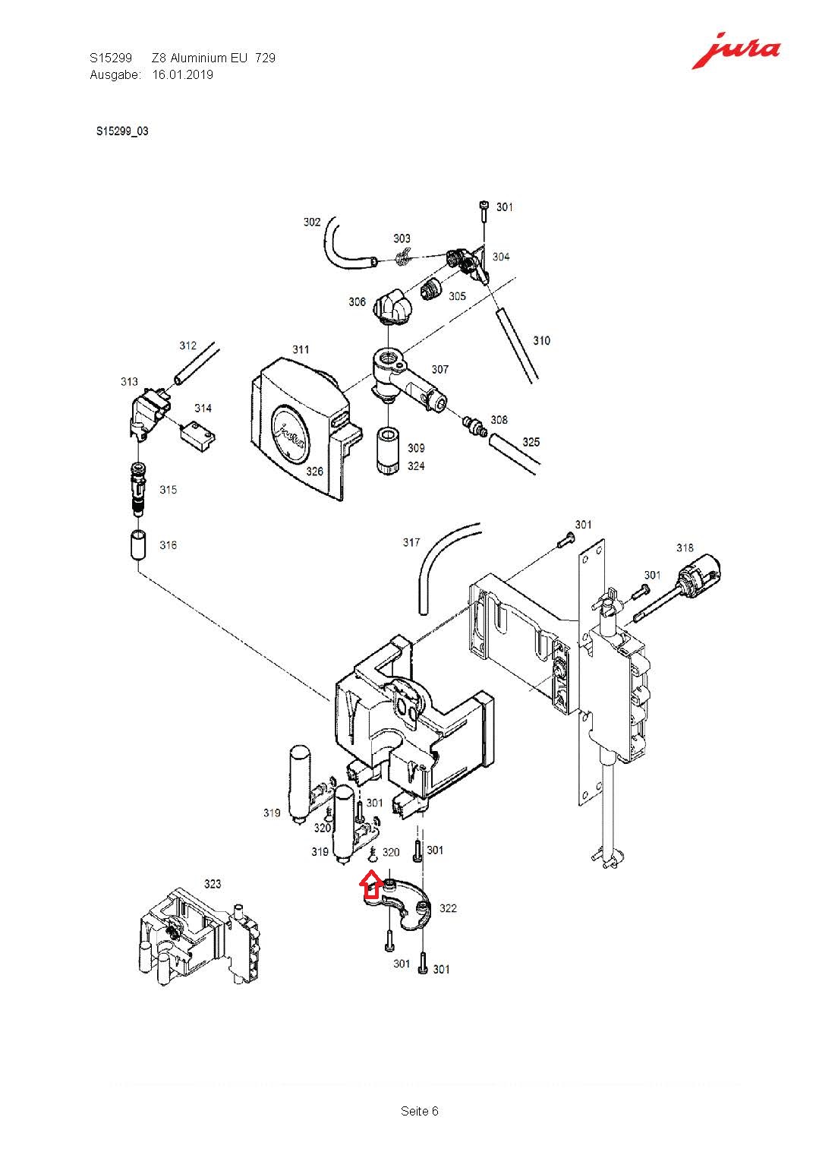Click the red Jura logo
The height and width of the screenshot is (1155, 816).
pyautogui.click(x=735, y=51)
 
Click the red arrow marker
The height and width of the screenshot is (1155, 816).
pyautogui.click(x=370, y=885)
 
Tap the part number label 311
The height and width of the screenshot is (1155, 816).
pyautogui.click(x=301, y=349)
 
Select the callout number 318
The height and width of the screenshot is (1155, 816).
pyautogui.click(x=685, y=548)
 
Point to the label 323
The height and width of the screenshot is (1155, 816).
pyautogui.click(x=213, y=883)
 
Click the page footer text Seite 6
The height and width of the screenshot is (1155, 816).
pyautogui.click(x=420, y=1111)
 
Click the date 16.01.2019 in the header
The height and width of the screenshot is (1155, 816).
pyautogui.click(x=183, y=74)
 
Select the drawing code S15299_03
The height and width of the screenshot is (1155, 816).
pyautogui.click(x=122, y=131)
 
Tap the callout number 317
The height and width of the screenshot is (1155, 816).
pyautogui.click(x=411, y=542)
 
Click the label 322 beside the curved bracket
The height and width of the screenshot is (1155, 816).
pyautogui.click(x=448, y=908)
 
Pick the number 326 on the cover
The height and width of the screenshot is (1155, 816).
pyautogui.click(x=314, y=471)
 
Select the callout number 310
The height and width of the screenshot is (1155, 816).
pyautogui.click(x=541, y=340)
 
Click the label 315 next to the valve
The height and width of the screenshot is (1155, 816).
pyautogui.click(x=168, y=490)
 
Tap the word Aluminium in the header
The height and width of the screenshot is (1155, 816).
pyautogui.click(x=198, y=58)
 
